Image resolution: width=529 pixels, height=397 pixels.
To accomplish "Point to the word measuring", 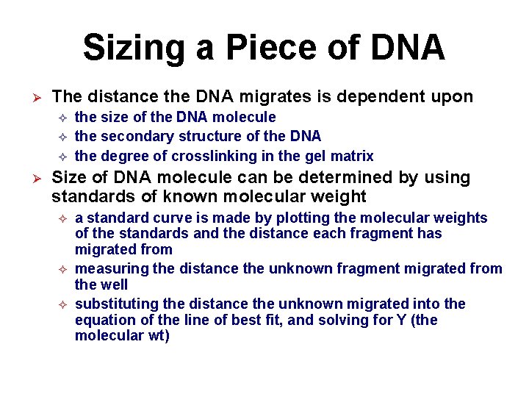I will (109, 269).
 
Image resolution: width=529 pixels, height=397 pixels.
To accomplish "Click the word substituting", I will (115, 304).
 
